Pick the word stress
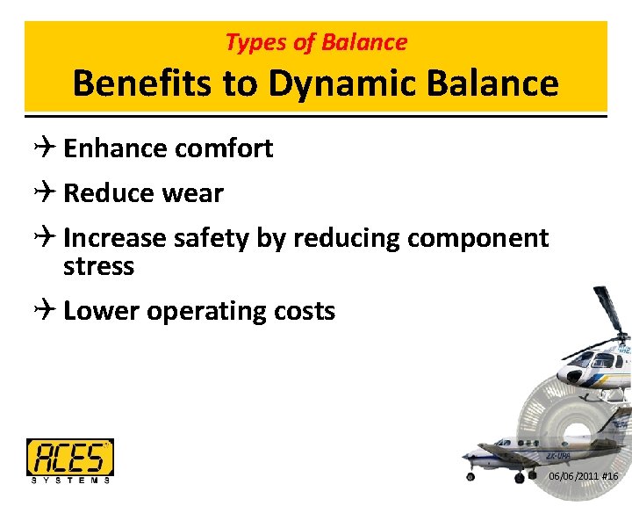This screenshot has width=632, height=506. pyautogui.click(x=98, y=266)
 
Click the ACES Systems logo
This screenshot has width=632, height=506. pyautogui.click(x=70, y=459)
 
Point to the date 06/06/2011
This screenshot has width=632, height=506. pyautogui.click(x=573, y=476)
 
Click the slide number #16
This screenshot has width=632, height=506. pyautogui.click(x=610, y=476)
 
